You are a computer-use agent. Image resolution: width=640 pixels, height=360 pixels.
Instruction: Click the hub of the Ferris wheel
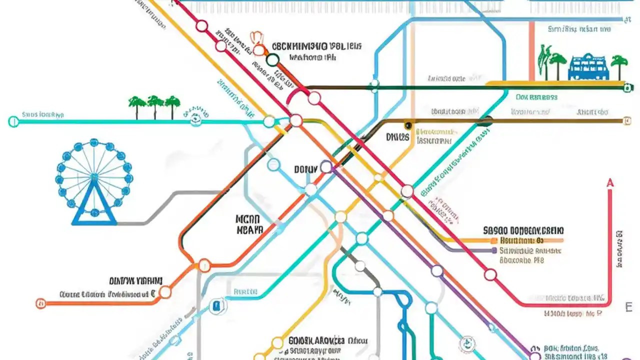[94, 175]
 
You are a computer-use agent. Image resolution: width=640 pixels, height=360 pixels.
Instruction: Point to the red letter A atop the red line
[609, 183]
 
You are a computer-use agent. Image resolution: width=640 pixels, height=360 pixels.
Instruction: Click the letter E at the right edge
[629, 306]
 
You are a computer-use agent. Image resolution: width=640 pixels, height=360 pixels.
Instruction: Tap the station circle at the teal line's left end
[14, 121]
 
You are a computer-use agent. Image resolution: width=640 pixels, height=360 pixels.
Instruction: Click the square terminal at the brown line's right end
[627, 120]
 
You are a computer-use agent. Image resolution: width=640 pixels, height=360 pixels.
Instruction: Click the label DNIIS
[397, 136]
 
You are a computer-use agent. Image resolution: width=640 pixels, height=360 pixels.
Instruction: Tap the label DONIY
[305, 169]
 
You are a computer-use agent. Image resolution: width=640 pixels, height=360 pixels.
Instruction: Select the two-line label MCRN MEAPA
[248, 224]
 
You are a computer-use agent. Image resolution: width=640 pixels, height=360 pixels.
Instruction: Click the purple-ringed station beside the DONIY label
[326, 166]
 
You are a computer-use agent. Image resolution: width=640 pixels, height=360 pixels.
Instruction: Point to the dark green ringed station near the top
[272, 60]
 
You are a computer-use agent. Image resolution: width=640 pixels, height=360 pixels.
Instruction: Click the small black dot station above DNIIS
[408, 125]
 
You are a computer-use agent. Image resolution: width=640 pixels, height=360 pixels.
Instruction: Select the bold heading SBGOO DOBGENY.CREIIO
[523, 230]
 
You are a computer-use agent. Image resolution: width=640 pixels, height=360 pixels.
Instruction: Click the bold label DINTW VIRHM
[135, 281]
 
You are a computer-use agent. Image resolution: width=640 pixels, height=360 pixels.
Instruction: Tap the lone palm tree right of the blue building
[619, 65]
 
